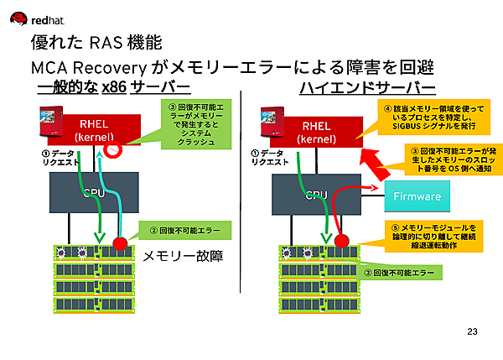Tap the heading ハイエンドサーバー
click(x=366, y=87)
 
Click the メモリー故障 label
click(x=185, y=256)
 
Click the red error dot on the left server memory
click(x=119, y=246)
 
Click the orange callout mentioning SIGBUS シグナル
click(x=427, y=119)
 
